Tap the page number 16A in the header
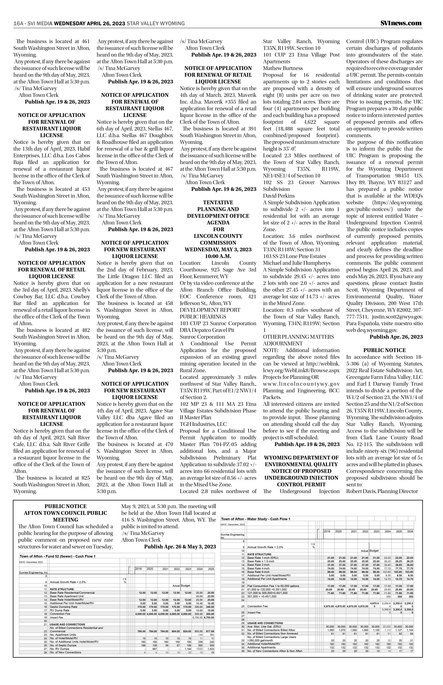point(18,24)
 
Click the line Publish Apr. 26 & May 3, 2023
point(180,547)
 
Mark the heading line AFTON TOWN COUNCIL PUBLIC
point(66,513)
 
